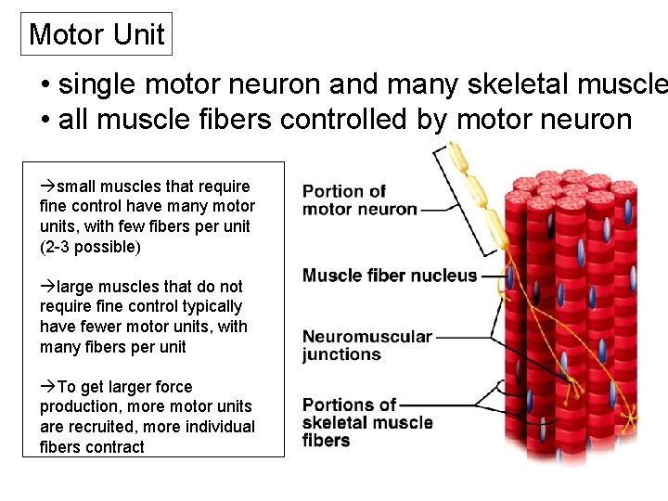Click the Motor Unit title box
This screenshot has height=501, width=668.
click(96, 34)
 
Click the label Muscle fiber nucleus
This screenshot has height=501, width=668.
click(390, 276)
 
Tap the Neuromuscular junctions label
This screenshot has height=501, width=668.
click(366, 345)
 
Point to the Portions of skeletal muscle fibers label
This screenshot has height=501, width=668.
click(366, 422)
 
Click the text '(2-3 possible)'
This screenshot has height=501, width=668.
click(91, 247)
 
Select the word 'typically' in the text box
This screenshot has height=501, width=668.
click(212, 306)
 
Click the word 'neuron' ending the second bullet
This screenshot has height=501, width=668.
click(588, 120)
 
